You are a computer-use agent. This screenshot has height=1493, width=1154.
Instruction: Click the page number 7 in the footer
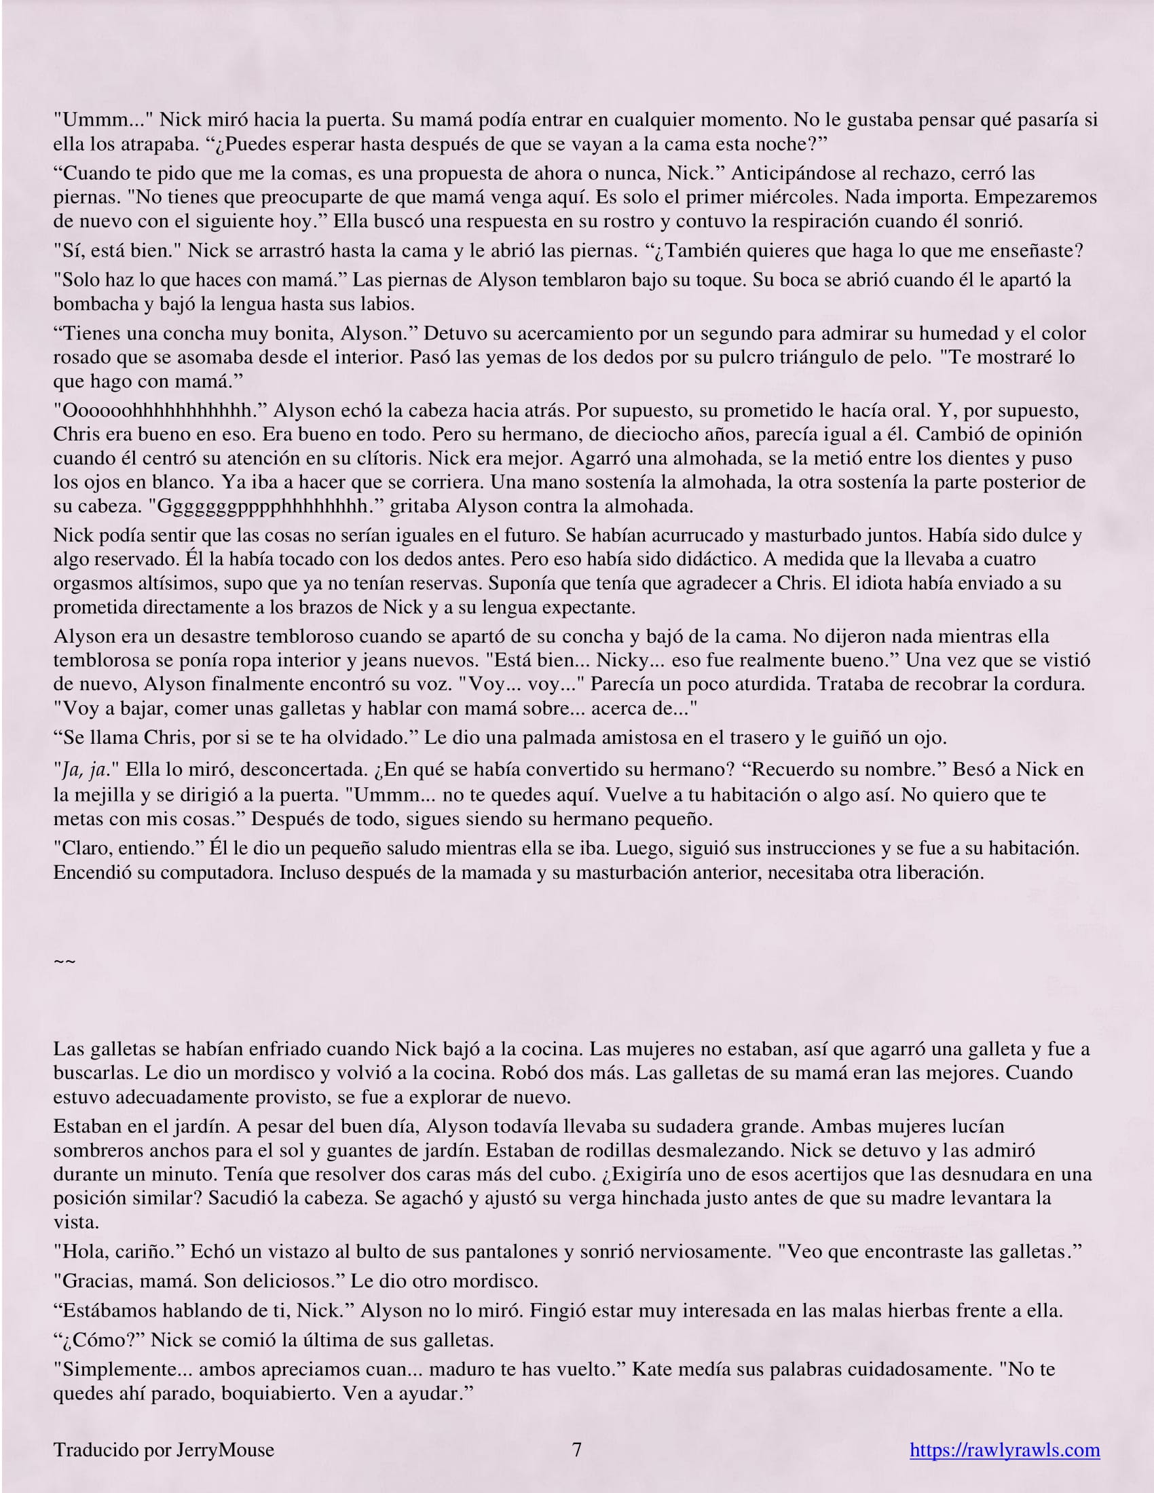coord(576,1450)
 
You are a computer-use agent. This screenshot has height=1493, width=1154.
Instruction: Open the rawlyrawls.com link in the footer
coord(1004,1450)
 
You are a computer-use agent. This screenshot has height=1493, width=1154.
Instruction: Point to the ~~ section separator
coord(64,962)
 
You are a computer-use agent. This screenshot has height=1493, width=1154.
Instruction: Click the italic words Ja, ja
coord(83,770)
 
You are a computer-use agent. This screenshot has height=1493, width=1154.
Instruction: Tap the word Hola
coord(81,1251)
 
